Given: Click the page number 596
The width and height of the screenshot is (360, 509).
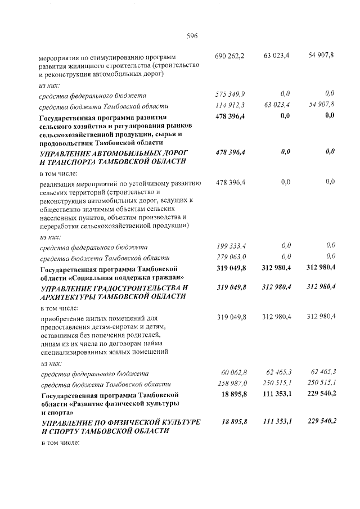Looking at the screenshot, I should coord(192,36).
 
